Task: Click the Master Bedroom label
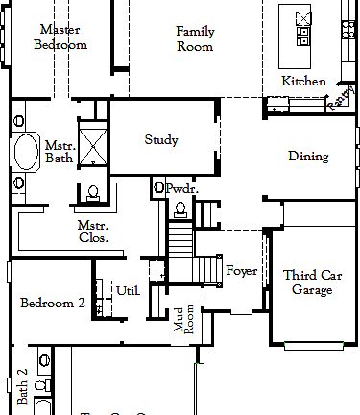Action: click(60, 37)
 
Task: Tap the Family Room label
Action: click(195, 38)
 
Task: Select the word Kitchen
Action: click(303, 82)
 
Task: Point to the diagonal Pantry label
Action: click(339, 100)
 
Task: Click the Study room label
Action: click(161, 140)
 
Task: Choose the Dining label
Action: click(308, 157)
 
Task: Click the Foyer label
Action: click(241, 271)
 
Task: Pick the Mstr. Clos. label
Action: click(92, 231)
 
